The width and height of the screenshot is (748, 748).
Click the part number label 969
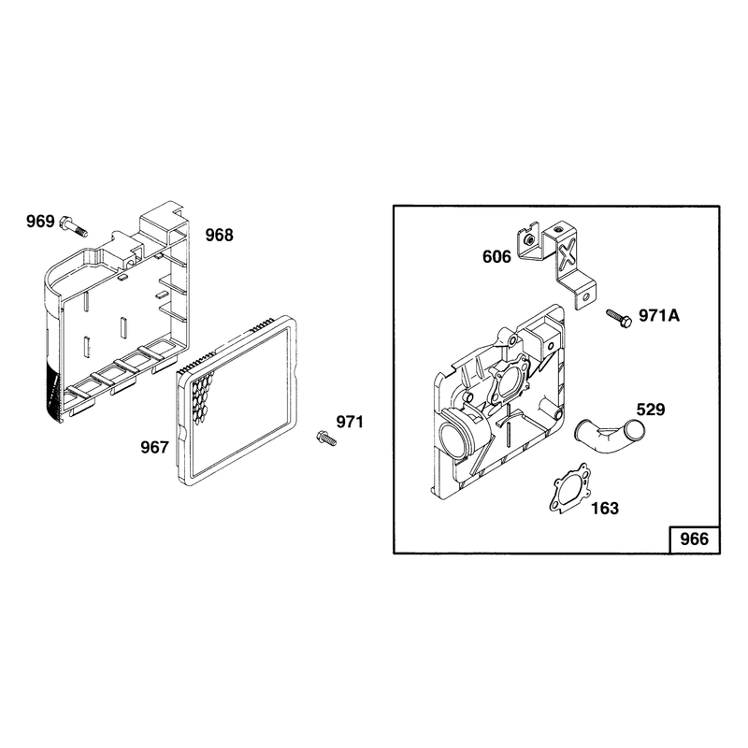click(x=40, y=222)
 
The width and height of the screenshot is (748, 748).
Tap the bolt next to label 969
click(x=74, y=226)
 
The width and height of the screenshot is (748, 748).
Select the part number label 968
click(x=219, y=236)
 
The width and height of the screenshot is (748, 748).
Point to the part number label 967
click(x=154, y=448)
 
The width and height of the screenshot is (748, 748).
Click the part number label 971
click(x=350, y=422)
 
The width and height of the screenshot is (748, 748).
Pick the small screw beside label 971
click(x=326, y=438)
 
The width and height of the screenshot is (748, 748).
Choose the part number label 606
click(x=496, y=256)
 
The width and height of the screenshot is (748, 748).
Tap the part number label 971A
click(x=659, y=316)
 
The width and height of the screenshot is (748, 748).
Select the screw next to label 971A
click(x=619, y=318)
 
